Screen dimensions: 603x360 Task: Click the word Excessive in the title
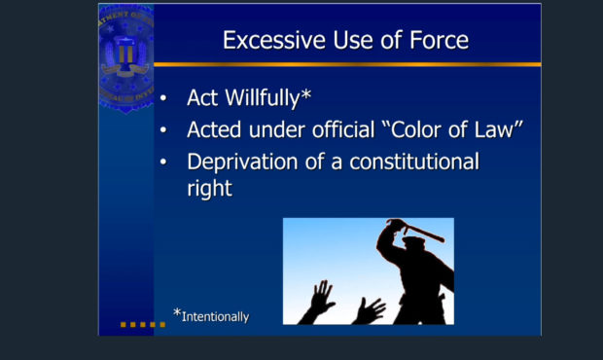click(x=274, y=40)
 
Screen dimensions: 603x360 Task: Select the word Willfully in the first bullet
click(x=263, y=98)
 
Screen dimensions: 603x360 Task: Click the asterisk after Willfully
click(x=306, y=94)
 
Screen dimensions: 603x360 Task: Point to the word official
click(x=343, y=129)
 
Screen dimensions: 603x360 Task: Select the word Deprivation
click(x=242, y=162)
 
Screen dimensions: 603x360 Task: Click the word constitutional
click(x=414, y=162)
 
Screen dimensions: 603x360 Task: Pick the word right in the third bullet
click(x=209, y=189)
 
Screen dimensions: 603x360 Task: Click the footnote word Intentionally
click(x=215, y=317)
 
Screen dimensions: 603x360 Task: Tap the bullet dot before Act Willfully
click(x=163, y=98)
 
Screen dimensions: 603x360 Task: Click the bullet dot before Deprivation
click(x=163, y=162)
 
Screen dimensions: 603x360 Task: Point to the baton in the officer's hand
click(x=423, y=233)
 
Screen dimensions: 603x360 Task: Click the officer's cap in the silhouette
click(x=413, y=241)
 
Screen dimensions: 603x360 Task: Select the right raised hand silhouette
click(x=370, y=310)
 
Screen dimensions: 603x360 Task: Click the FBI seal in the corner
click(x=126, y=58)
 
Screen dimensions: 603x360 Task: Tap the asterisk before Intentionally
click(x=177, y=312)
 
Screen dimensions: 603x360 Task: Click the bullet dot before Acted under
click(x=163, y=130)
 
